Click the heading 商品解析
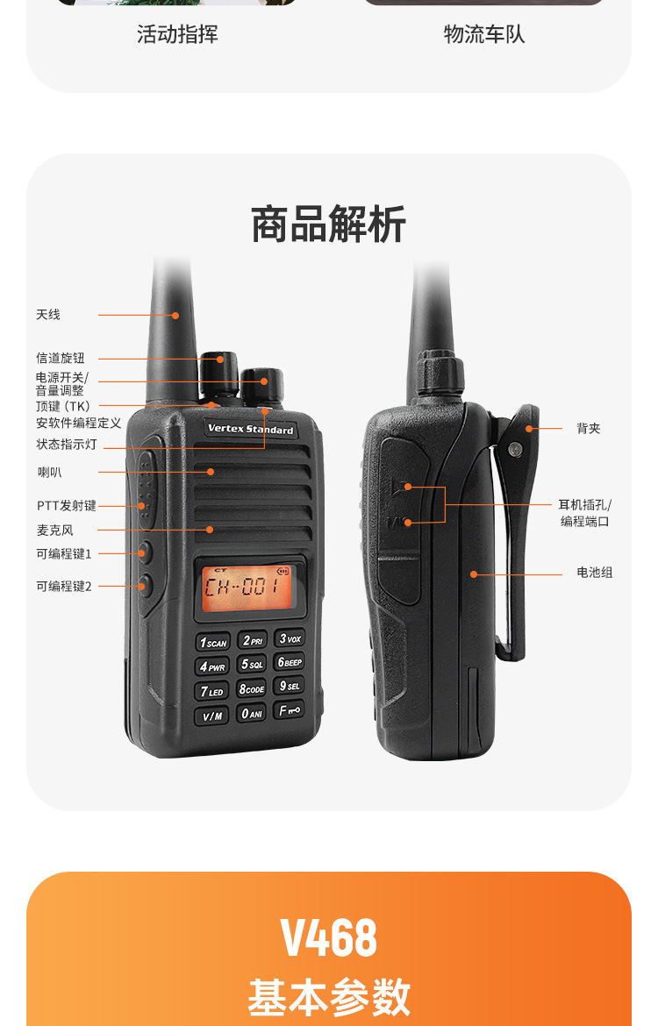click(329, 224)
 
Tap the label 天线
click(47, 315)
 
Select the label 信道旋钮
click(61, 358)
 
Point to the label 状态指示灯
click(66, 445)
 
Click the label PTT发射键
click(66, 505)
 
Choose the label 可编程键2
click(63, 587)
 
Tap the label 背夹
click(588, 429)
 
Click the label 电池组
click(595, 573)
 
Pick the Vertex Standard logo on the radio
click(250, 429)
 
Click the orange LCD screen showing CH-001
click(247, 588)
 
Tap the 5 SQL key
click(252, 664)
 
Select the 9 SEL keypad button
click(290, 685)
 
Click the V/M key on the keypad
click(212, 716)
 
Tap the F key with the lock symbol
click(289, 710)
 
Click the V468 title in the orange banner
click(329, 937)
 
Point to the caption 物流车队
click(483, 34)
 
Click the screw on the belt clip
click(515, 449)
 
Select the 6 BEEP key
click(290, 661)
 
